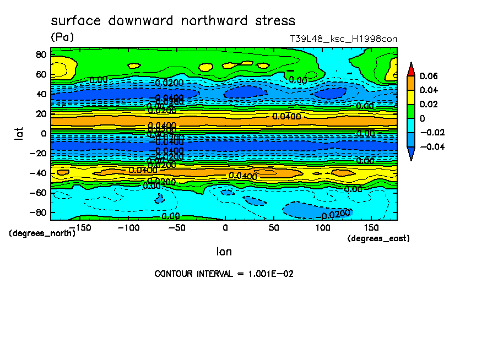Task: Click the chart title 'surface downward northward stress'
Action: tap(173, 21)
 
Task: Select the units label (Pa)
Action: tap(62, 37)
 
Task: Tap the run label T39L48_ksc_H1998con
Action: tap(343, 39)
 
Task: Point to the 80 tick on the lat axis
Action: tap(40, 54)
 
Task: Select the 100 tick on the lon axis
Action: tap(323, 227)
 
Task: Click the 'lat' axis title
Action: tap(19, 133)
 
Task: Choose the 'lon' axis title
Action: tap(224, 252)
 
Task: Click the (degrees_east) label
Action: tap(378, 238)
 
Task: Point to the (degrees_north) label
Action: tap(42, 233)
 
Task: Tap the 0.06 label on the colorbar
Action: tap(429, 75)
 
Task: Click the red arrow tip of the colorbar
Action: tap(410, 68)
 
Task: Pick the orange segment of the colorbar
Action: tap(410, 83)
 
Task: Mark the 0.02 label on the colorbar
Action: tap(429, 104)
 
